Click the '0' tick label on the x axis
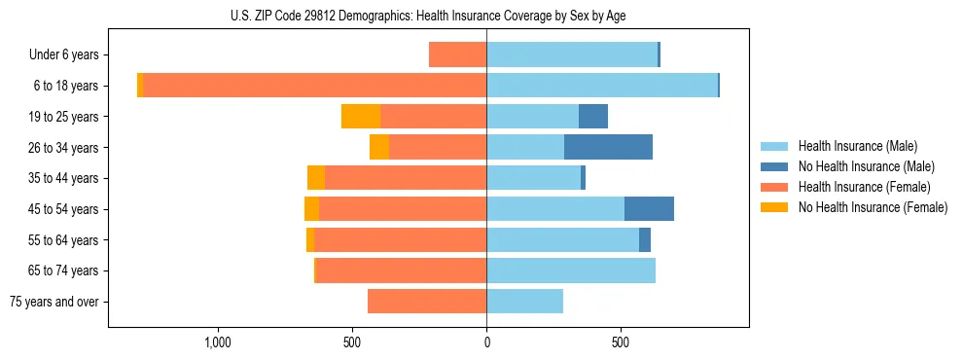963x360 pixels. [486, 342]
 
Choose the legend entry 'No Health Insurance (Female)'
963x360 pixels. [872, 207]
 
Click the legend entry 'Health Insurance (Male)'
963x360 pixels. [857, 146]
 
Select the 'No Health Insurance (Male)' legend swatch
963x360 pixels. [775, 166]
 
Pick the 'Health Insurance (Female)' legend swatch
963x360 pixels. [775, 187]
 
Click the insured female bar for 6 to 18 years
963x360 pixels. [315, 86]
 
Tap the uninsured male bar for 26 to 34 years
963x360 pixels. [608, 147]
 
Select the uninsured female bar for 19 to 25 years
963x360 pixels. [361, 117]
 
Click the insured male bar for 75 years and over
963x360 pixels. [524, 302]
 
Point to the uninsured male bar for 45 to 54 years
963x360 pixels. [649, 209]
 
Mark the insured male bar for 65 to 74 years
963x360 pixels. [571, 270]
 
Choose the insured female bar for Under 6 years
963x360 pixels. [457, 55]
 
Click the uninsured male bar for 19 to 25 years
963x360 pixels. [593, 117]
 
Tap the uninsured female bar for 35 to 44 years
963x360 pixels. [316, 178]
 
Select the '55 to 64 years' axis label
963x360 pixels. [64, 240]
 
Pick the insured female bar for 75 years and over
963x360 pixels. [427, 302]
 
